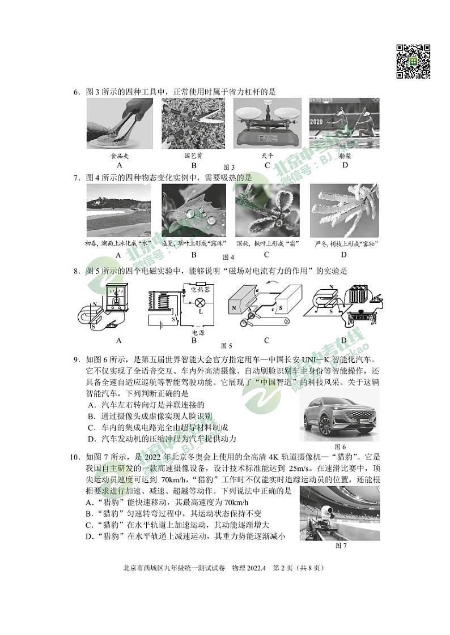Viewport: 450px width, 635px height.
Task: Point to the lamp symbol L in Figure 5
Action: (200, 311)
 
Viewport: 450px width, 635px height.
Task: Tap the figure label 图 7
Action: (341, 546)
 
